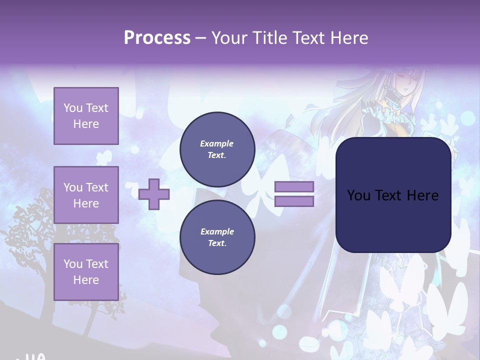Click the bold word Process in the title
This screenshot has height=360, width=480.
(x=157, y=38)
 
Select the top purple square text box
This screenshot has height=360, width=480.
(x=86, y=116)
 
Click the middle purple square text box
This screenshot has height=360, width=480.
(x=86, y=195)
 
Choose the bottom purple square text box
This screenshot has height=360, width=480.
(x=86, y=272)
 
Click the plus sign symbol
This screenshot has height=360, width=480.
(x=154, y=194)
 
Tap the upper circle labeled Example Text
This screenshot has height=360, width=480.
(x=217, y=149)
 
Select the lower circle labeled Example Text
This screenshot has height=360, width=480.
(x=217, y=237)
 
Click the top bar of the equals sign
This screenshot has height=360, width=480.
(x=294, y=187)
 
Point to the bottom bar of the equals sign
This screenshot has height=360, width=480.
(x=294, y=201)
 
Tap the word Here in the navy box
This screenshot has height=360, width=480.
(x=422, y=195)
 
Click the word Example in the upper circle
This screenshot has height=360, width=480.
(x=217, y=143)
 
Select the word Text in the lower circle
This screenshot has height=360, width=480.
(x=217, y=243)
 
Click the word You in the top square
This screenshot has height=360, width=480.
(x=73, y=108)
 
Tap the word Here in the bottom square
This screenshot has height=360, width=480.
(x=86, y=280)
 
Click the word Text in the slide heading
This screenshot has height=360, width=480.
(x=309, y=38)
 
